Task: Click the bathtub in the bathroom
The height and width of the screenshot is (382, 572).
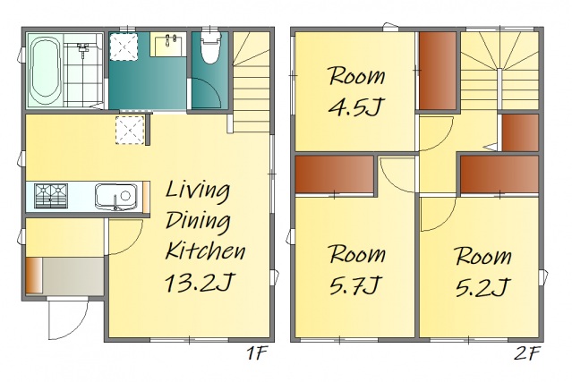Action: [x=45, y=71]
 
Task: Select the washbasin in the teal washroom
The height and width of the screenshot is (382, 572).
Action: [x=168, y=44]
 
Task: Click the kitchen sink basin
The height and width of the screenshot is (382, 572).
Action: [x=116, y=197]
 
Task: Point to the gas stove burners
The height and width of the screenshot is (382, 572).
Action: [x=51, y=196]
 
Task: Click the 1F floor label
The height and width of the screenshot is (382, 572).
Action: [x=257, y=352]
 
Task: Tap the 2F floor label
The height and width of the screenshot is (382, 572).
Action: [x=526, y=352]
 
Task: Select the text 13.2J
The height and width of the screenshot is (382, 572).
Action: [x=199, y=283]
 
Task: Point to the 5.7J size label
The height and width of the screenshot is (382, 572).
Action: [x=354, y=284]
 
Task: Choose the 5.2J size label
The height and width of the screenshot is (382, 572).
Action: [x=482, y=286]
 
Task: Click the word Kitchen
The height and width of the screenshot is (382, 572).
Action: [x=205, y=250]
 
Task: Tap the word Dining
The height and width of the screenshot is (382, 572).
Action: [x=198, y=221]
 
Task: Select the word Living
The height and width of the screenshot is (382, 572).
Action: [x=198, y=191]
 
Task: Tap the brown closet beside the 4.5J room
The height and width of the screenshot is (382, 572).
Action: [x=438, y=71]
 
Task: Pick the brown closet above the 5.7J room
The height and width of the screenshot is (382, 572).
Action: [x=334, y=174]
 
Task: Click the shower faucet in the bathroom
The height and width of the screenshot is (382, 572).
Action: [x=83, y=47]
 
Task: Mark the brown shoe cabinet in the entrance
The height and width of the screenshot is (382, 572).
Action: [x=34, y=276]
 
